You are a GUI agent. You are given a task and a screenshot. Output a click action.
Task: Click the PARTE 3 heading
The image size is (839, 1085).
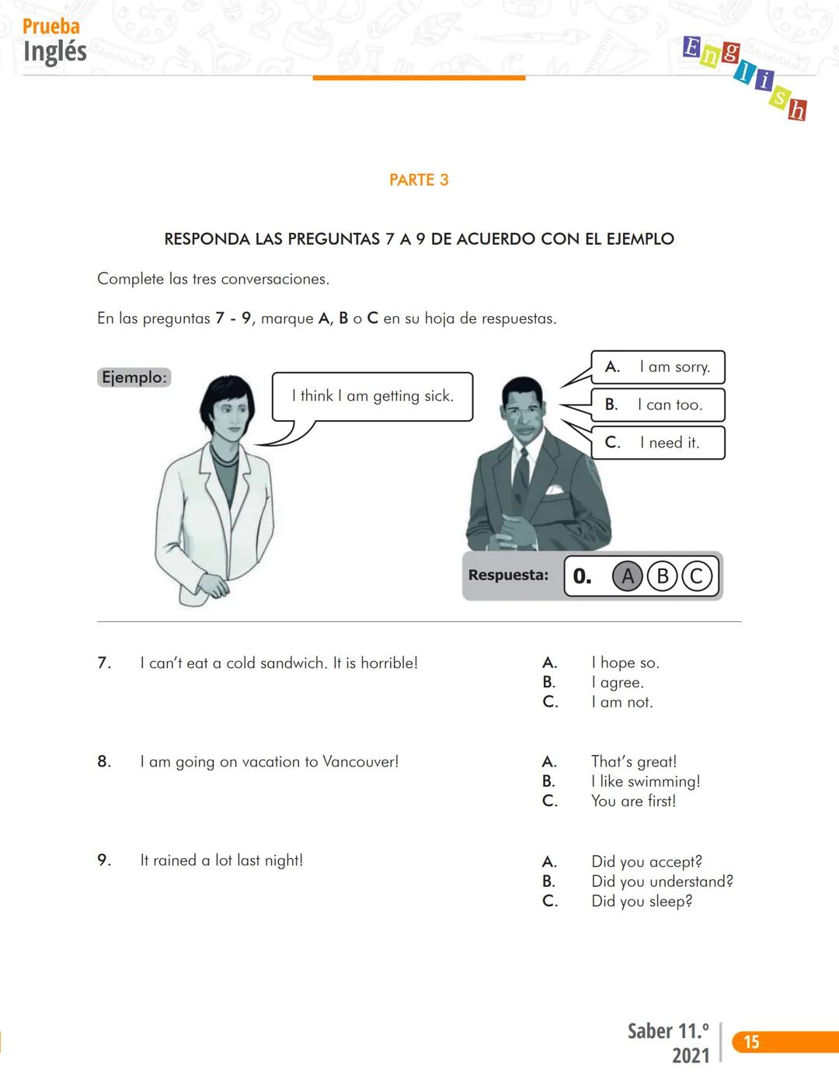coord(419,180)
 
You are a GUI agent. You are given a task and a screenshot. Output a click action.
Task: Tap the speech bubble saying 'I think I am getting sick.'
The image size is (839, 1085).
coord(372,396)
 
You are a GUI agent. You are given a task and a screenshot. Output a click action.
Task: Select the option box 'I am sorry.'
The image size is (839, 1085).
coord(658,367)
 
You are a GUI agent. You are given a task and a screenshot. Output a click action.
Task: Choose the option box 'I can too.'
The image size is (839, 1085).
coord(658,405)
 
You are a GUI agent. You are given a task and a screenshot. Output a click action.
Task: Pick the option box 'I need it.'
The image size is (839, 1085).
coord(658,443)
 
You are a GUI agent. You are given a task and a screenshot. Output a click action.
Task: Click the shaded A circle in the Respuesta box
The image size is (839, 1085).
coord(628,576)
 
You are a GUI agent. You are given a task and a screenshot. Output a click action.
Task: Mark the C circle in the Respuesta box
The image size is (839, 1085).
coord(696,576)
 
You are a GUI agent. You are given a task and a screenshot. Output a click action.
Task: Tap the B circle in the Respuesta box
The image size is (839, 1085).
coord(662,576)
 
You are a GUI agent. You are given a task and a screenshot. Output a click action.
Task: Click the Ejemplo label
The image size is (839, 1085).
coord(134,377)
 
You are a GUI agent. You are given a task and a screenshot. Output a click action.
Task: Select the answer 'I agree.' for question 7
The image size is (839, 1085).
coord(617,683)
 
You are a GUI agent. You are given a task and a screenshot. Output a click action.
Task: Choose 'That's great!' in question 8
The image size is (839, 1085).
coord(633,762)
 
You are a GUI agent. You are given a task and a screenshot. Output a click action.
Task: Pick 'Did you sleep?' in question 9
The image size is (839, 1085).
coord(641,902)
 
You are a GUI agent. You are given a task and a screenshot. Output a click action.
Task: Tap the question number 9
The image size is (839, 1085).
coord(103,861)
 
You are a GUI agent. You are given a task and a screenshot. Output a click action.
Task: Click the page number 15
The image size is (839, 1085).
coord(751,1042)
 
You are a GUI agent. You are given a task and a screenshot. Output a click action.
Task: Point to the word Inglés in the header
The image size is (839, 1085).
coord(54,52)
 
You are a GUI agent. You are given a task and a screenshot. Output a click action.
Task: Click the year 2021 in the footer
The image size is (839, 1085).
coord(691,1055)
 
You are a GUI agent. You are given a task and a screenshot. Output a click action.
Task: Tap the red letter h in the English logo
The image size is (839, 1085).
coord(797,111)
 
